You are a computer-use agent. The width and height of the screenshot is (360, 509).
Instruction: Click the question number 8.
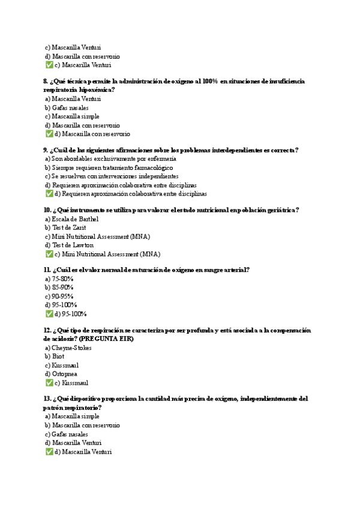click(46, 81)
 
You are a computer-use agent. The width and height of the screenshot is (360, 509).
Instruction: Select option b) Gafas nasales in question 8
click(66, 108)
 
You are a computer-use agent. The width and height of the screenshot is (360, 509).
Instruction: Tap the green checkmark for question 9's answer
click(49, 194)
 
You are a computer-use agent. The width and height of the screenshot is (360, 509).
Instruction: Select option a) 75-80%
click(59, 279)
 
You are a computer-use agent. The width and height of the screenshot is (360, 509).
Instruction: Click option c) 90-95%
click(59, 297)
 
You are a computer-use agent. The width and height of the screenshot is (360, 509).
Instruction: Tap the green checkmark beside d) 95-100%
click(49, 314)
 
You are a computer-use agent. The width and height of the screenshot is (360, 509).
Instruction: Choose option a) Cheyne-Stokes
click(68, 348)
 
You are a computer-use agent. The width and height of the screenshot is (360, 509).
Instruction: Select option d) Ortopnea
click(61, 374)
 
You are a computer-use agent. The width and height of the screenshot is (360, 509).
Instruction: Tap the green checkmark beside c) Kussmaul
click(49, 382)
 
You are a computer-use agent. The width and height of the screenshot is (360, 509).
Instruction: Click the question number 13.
click(47, 399)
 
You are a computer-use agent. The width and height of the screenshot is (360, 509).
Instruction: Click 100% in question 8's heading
click(210, 81)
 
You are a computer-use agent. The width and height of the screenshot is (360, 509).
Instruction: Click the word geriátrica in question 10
click(279, 210)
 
